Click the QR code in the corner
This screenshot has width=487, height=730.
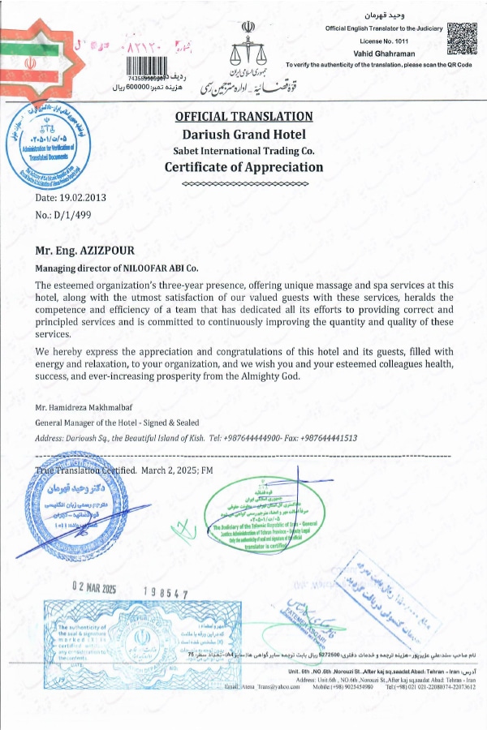(x=463, y=37)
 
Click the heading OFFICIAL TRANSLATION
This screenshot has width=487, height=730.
(x=244, y=117)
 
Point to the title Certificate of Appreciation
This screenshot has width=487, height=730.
(x=244, y=167)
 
